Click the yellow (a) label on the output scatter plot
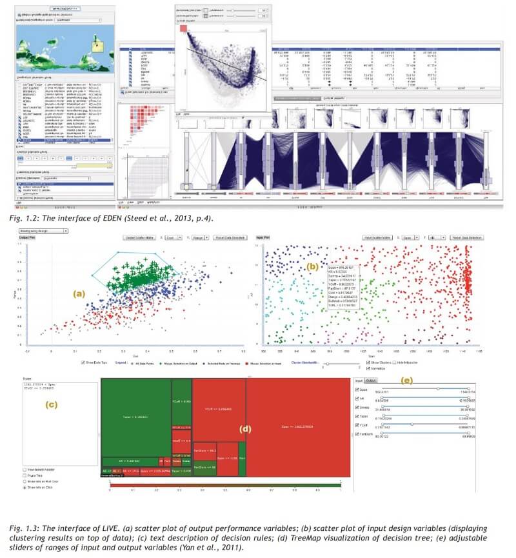click(79, 294)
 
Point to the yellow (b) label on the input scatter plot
click(312, 265)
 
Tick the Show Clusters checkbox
click(367, 363)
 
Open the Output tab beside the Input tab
click(372, 381)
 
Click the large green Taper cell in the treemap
click(135, 417)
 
